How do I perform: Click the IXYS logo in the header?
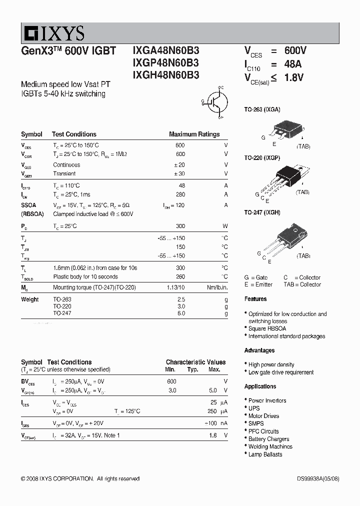pos(52,33)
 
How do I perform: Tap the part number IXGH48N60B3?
pos(165,75)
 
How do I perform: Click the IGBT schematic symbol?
pos(214,101)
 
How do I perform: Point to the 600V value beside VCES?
pos(295,51)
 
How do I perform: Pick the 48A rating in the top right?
pos(292,64)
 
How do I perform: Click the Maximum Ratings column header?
pos(194,134)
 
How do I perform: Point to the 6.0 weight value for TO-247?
pos(180,313)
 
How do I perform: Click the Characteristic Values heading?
pos(195,362)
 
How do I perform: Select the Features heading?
pos(255,299)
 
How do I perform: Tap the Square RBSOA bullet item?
pos(267,328)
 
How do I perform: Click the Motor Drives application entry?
pos(263,416)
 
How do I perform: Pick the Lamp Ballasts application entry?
pos(265,454)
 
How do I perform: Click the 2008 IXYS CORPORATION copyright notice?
pos(80,478)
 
